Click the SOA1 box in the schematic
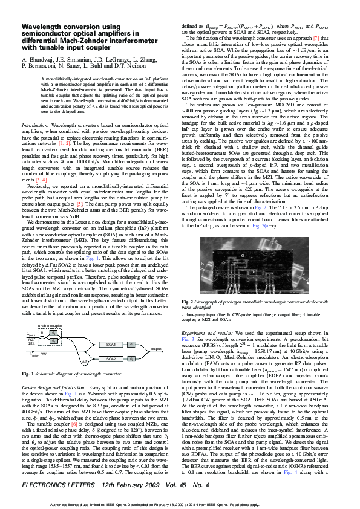click(111, 344)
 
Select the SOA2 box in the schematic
click(111, 358)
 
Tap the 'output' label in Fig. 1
click(156, 349)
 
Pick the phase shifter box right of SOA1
click(132, 344)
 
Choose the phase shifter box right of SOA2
click(132, 358)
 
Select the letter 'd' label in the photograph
click(243, 256)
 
